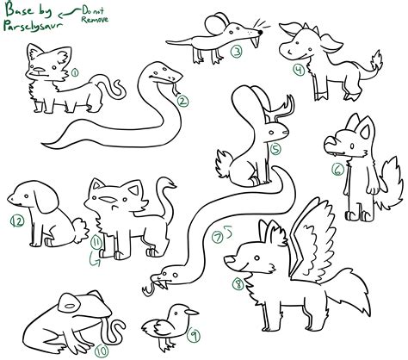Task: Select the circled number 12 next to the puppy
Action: click(x=15, y=221)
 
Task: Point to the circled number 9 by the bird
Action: click(x=195, y=335)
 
